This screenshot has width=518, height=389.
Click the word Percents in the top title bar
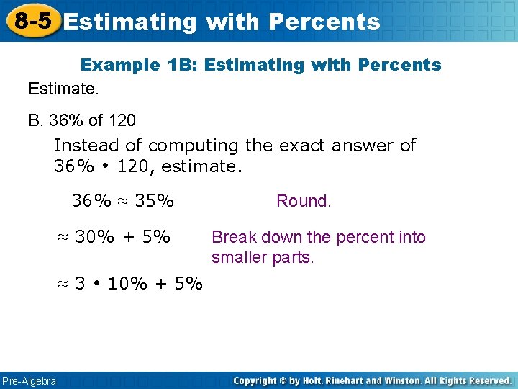324,22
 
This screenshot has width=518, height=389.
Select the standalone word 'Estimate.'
63,89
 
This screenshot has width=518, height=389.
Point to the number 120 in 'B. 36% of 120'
122,120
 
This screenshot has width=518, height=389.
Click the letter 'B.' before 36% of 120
36,120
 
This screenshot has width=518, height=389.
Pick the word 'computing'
194,146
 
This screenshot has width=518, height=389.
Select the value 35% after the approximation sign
155,201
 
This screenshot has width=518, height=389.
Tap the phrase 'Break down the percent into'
319,237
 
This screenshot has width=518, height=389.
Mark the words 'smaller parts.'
263,257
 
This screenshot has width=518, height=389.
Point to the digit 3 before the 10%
81,283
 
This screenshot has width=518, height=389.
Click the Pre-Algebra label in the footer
29,380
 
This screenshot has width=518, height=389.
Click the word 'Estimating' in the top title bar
129,22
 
